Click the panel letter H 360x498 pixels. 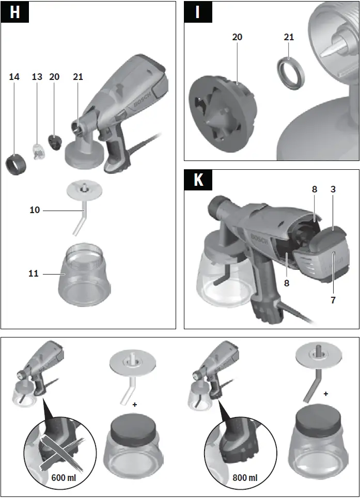[14, 12]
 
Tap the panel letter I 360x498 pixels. [197, 12]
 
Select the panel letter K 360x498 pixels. [198, 180]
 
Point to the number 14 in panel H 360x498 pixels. [14, 77]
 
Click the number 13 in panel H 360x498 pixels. [37, 77]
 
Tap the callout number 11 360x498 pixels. [34, 274]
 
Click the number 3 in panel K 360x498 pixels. [333, 189]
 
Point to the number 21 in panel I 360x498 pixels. [289, 37]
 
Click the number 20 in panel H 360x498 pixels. [54, 77]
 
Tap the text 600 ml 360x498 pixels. [64, 477]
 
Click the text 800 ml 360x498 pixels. [245, 477]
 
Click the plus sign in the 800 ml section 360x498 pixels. [326, 394]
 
